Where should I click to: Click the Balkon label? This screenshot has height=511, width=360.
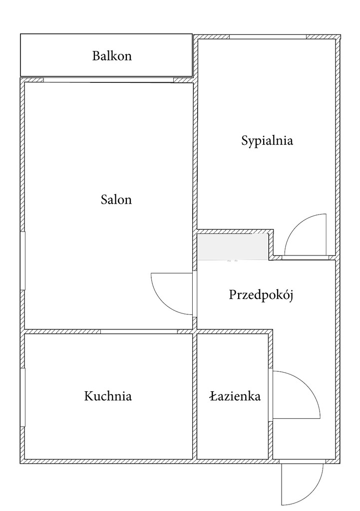tap(112, 56)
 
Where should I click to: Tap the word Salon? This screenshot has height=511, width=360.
tap(116, 200)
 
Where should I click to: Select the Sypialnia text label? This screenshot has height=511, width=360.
tap(267, 140)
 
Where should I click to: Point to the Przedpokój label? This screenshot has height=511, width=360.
tap(261, 294)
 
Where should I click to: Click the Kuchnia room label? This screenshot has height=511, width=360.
tap(108, 396)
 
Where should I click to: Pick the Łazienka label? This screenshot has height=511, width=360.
tap(235, 396)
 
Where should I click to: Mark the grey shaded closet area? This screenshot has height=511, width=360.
tap(233, 247)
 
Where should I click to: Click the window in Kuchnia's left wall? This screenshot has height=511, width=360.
tap(23, 397)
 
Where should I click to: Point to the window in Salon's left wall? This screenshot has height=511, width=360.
tap(23, 260)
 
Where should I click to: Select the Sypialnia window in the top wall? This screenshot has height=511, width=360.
tap(268, 37)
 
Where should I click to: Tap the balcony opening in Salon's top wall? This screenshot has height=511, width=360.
tap(108, 80)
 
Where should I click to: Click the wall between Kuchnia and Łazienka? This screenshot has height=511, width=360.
tap(195, 396)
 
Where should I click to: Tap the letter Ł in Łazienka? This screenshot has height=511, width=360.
tap(213, 396)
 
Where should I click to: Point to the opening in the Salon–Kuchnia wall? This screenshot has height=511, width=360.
tap(139, 331)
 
